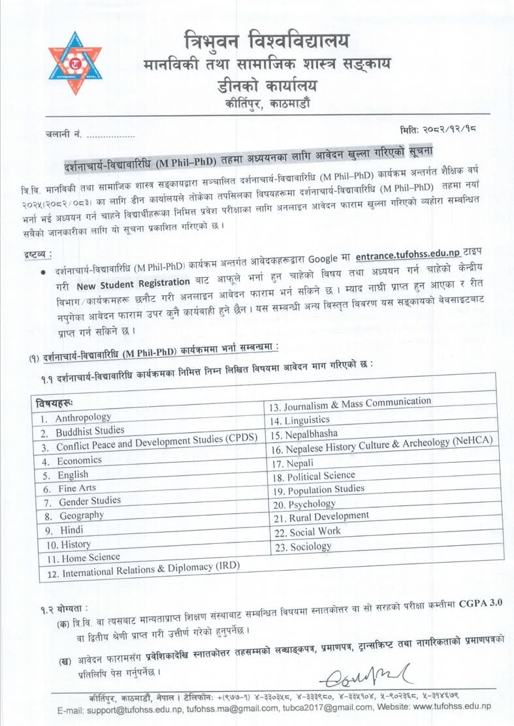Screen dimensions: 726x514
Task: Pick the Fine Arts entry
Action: click(78, 488)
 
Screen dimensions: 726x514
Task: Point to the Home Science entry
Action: click(91, 558)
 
